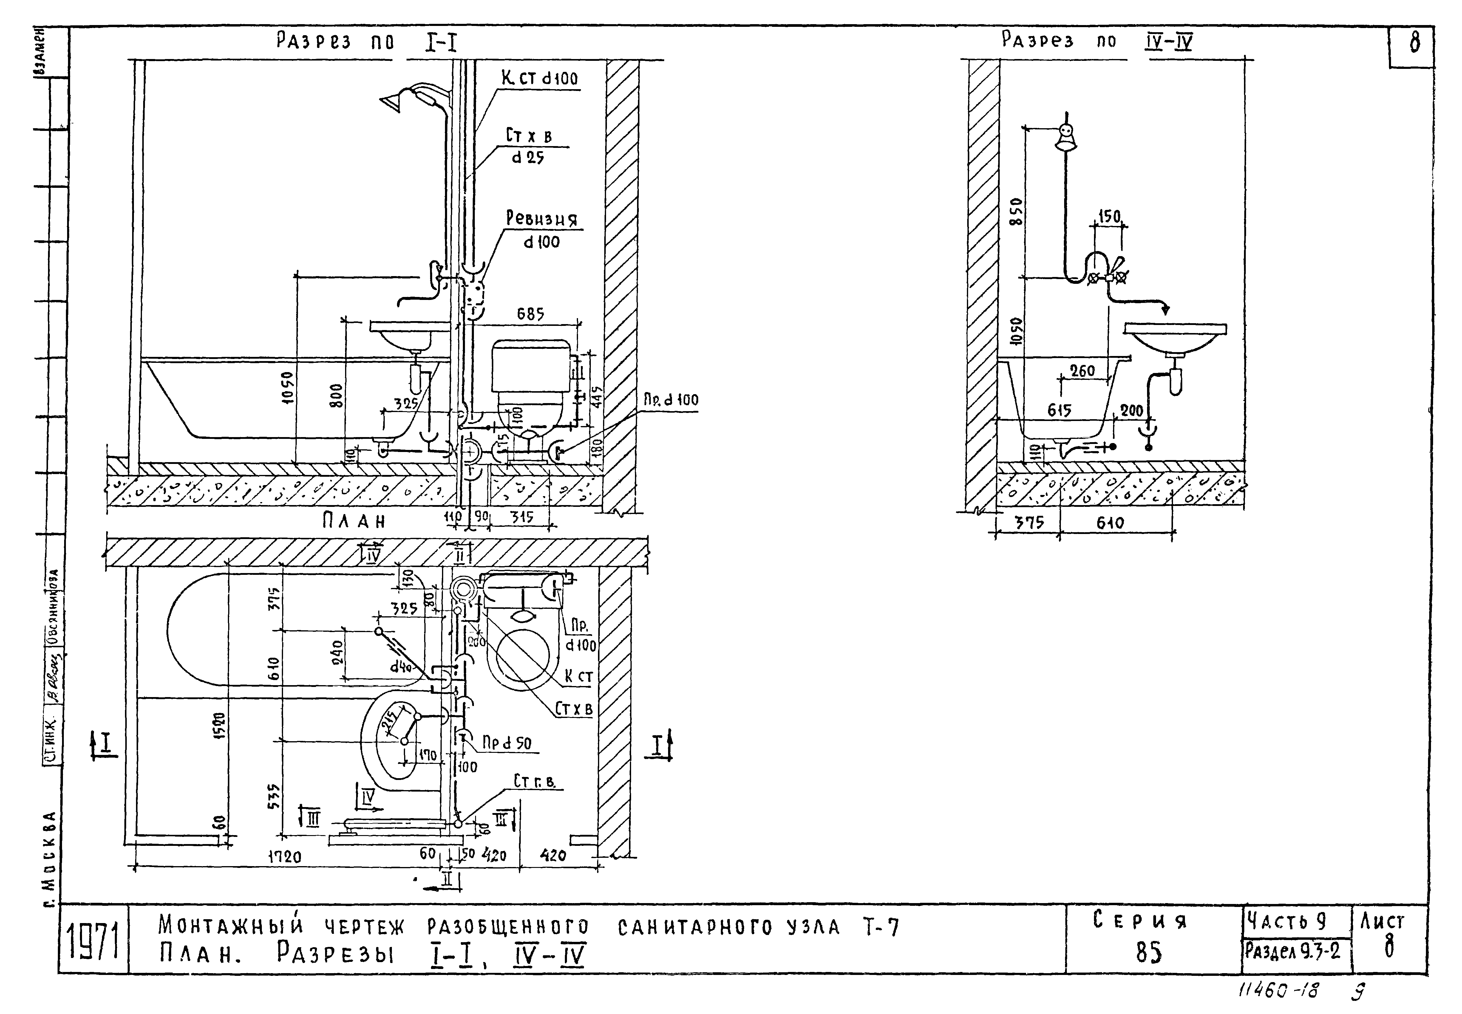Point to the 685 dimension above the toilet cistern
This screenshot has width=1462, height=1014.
[x=530, y=314]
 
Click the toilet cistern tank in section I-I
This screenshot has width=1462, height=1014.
[x=531, y=365]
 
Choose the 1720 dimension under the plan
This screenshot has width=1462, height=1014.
[x=284, y=857]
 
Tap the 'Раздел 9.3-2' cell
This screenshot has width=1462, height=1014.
[x=1292, y=951]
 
